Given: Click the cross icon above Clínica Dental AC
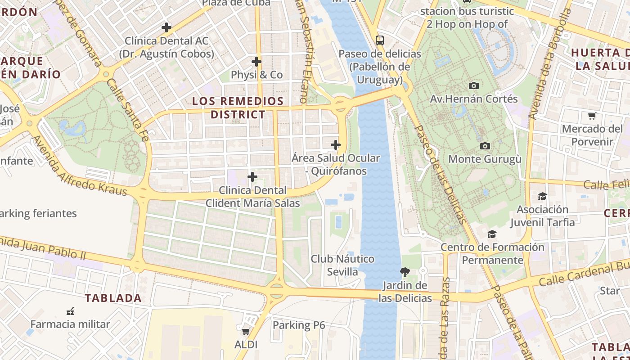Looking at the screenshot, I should coord(166,27).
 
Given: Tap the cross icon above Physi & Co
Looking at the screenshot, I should coord(256,62).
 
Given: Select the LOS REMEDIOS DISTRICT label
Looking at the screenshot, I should coord(238,108).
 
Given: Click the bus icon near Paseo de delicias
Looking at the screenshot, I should coord(380,40).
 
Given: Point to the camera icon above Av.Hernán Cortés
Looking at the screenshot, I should coord(474,85).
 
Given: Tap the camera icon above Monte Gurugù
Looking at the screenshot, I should coord(485,146).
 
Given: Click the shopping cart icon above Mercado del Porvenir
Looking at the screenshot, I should coord(592,116).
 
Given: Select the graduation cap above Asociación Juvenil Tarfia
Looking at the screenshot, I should coord(542,197).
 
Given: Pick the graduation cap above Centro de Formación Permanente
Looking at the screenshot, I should coord(492,234).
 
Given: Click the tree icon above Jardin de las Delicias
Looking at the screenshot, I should coord(405,272).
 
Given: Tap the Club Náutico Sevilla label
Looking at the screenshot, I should coord(342,265).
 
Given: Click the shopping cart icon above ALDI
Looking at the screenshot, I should coord(246,332).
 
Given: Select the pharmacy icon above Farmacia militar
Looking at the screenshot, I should coord(70,311).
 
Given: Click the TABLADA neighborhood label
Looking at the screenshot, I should coord(113,298).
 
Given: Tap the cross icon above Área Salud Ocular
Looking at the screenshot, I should coord(335,145).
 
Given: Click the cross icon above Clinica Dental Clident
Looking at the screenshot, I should coord(252,177).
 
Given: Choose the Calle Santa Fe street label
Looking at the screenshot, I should coord(128,111).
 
